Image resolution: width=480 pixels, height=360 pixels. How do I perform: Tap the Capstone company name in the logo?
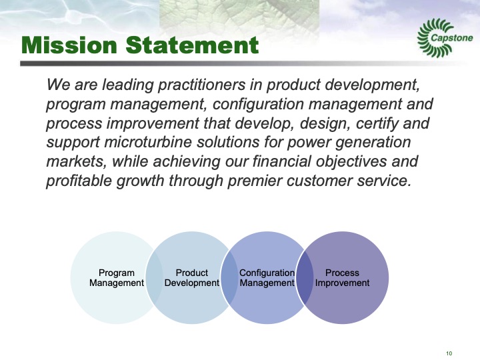tap(451, 38)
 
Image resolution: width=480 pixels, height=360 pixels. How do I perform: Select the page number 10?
tap(449, 353)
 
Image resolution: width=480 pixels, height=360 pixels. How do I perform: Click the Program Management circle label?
tap(116, 278)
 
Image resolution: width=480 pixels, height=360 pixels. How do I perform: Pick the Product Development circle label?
tap(191, 278)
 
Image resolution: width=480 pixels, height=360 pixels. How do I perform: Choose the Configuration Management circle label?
tap(267, 278)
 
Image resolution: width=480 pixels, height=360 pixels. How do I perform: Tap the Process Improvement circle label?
tap(342, 278)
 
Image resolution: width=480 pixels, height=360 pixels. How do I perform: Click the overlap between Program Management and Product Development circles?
tap(154, 278)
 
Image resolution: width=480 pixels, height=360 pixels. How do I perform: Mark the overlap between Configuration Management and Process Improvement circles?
tap(305, 278)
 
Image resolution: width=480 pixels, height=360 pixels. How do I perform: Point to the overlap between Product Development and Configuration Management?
tap(229, 278)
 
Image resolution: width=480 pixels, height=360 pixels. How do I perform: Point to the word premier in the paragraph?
tap(257, 182)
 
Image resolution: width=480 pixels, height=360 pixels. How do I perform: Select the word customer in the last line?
tap(323, 182)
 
